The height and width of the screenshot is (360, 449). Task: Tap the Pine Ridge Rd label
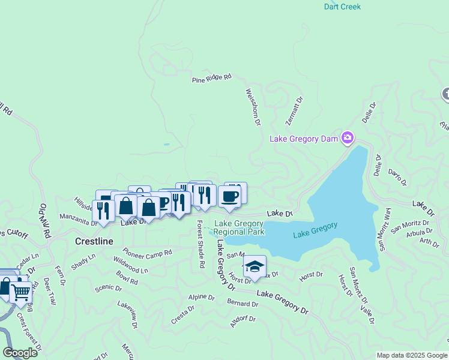(x=211, y=78)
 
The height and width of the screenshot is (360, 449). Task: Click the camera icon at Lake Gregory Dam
(x=347, y=138)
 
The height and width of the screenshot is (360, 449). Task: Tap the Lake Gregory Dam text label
(x=304, y=139)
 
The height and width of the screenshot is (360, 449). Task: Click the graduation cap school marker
(x=255, y=266)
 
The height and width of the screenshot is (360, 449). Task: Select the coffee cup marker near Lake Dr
(x=229, y=196)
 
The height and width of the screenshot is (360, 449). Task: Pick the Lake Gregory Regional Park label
(x=240, y=227)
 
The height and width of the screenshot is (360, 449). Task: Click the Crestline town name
(x=94, y=241)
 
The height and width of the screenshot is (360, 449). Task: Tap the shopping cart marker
(x=22, y=292)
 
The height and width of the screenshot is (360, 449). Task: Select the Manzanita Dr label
(x=78, y=219)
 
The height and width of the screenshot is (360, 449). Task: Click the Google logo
(x=20, y=353)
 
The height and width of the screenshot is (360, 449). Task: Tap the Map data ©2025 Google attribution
(x=412, y=355)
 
